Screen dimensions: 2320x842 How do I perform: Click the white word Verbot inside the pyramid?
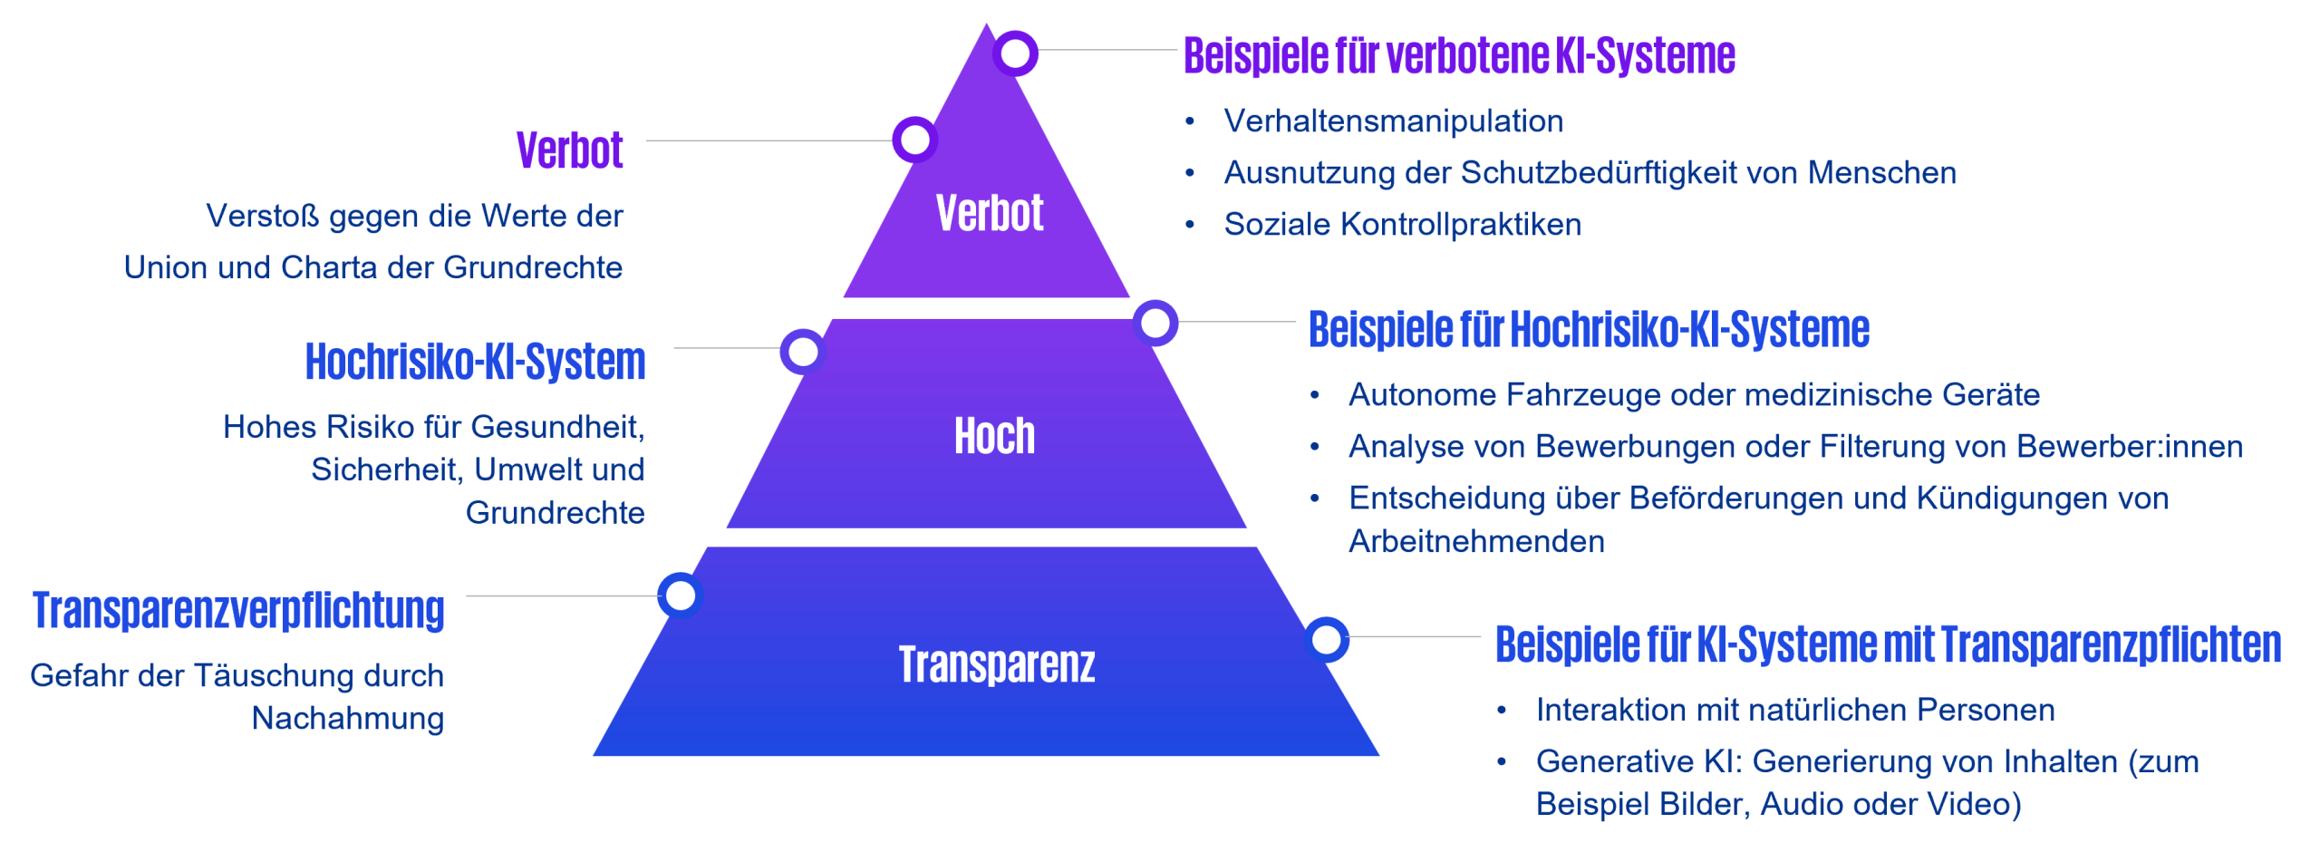click(989, 213)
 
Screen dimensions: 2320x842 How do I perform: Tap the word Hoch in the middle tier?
click(994, 436)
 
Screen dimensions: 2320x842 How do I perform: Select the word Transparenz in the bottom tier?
click(996, 663)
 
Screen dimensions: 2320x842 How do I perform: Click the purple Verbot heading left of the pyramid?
click(569, 150)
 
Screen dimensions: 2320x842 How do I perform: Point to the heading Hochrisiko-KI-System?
click(475, 361)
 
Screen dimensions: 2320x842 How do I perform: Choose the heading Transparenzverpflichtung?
click(238, 610)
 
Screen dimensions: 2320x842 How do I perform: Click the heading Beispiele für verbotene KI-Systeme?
click(1459, 55)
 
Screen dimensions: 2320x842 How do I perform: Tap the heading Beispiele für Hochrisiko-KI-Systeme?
click(1589, 329)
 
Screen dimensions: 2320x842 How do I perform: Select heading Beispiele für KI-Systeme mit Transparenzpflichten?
click(1888, 644)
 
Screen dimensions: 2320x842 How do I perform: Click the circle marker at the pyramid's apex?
click(1015, 53)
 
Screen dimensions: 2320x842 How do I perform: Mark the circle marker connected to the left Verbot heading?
click(914, 140)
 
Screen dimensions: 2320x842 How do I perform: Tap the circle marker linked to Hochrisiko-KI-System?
click(802, 352)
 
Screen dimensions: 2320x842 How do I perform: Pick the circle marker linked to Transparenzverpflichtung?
click(680, 595)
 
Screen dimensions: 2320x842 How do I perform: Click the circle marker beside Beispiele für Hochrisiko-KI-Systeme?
click(1155, 323)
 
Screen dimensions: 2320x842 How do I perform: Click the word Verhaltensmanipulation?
click(1393, 121)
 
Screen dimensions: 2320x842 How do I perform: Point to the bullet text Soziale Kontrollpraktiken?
click(1402, 225)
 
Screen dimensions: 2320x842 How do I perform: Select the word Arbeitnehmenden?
click(1476, 541)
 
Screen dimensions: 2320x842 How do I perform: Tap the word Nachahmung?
click(348, 718)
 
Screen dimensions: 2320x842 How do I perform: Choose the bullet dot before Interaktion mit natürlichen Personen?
click(1501, 710)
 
